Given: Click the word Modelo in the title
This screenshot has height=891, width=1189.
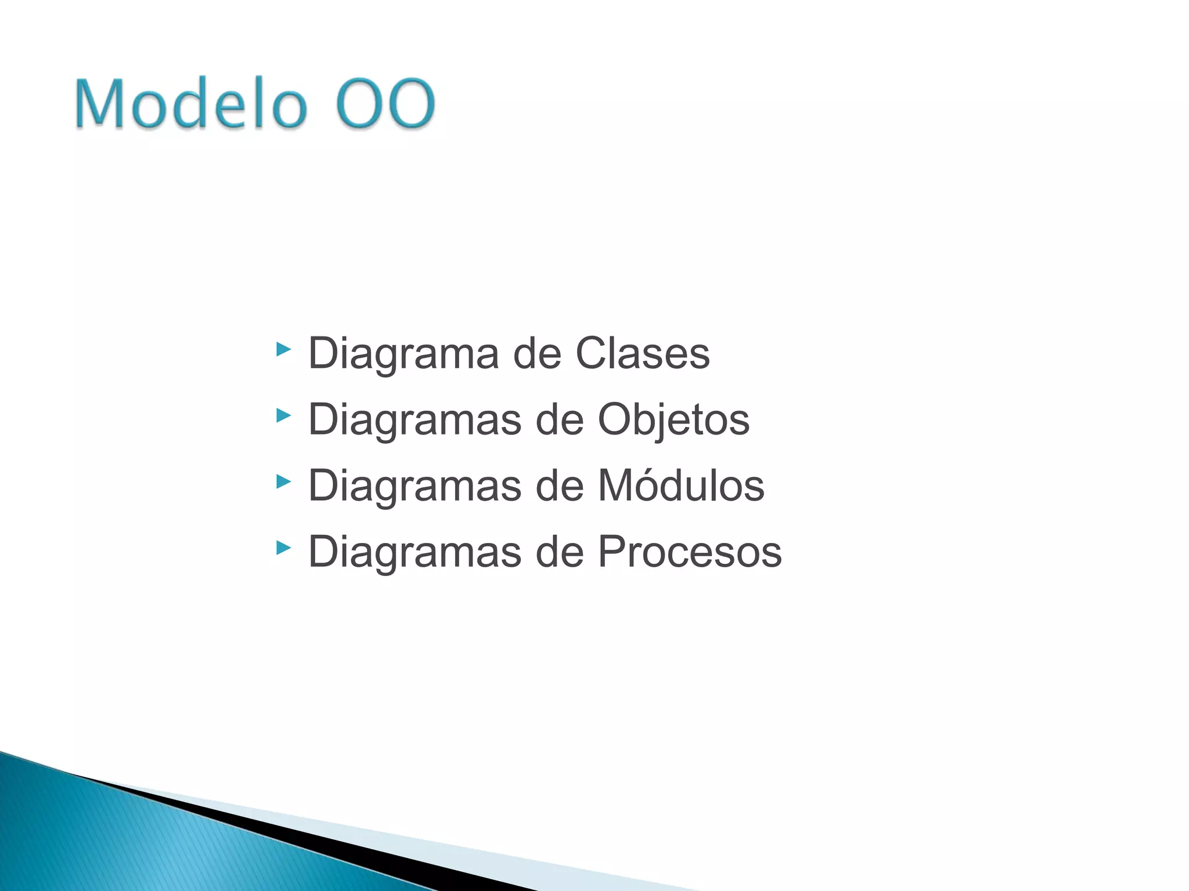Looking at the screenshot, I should pyautogui.click(x=190, y=104).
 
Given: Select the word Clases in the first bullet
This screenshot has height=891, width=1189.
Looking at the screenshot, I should pyautogui.click(x=642, y=353).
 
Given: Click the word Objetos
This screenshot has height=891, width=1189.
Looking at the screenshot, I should pyautogui.click(x=673, y=419).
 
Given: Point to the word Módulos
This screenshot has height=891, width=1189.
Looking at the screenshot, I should pyautogui.click(x=681, y=486).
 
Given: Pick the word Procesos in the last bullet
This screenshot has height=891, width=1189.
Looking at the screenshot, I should pyautogui.click(x=690, y=552).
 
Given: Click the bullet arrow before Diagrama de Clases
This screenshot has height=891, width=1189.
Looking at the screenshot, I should pyautogui.click(x=283, y=349).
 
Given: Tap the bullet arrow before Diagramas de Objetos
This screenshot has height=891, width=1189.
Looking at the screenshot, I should pyautogui.click(x=283, y=415).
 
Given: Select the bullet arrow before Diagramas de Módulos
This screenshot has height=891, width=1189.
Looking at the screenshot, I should pyautogui.click(x=283, y=481).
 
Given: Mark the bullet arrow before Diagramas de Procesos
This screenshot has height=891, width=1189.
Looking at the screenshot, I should pyautogui.click(x=283, y=548).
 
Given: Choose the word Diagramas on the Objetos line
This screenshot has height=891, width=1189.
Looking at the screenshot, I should pyautogui.click(x=415, y=419).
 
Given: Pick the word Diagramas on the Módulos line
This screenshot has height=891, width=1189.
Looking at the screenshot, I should pyautogui.click(x=415, y=486).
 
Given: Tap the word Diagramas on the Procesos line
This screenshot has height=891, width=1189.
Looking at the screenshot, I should pyautogui.click(x=415, y=552).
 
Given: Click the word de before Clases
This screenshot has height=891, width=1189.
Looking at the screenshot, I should pyautogui.click(x=537, y=353).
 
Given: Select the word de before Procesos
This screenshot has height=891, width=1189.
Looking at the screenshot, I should pyautogui.click(x=559, y=552).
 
